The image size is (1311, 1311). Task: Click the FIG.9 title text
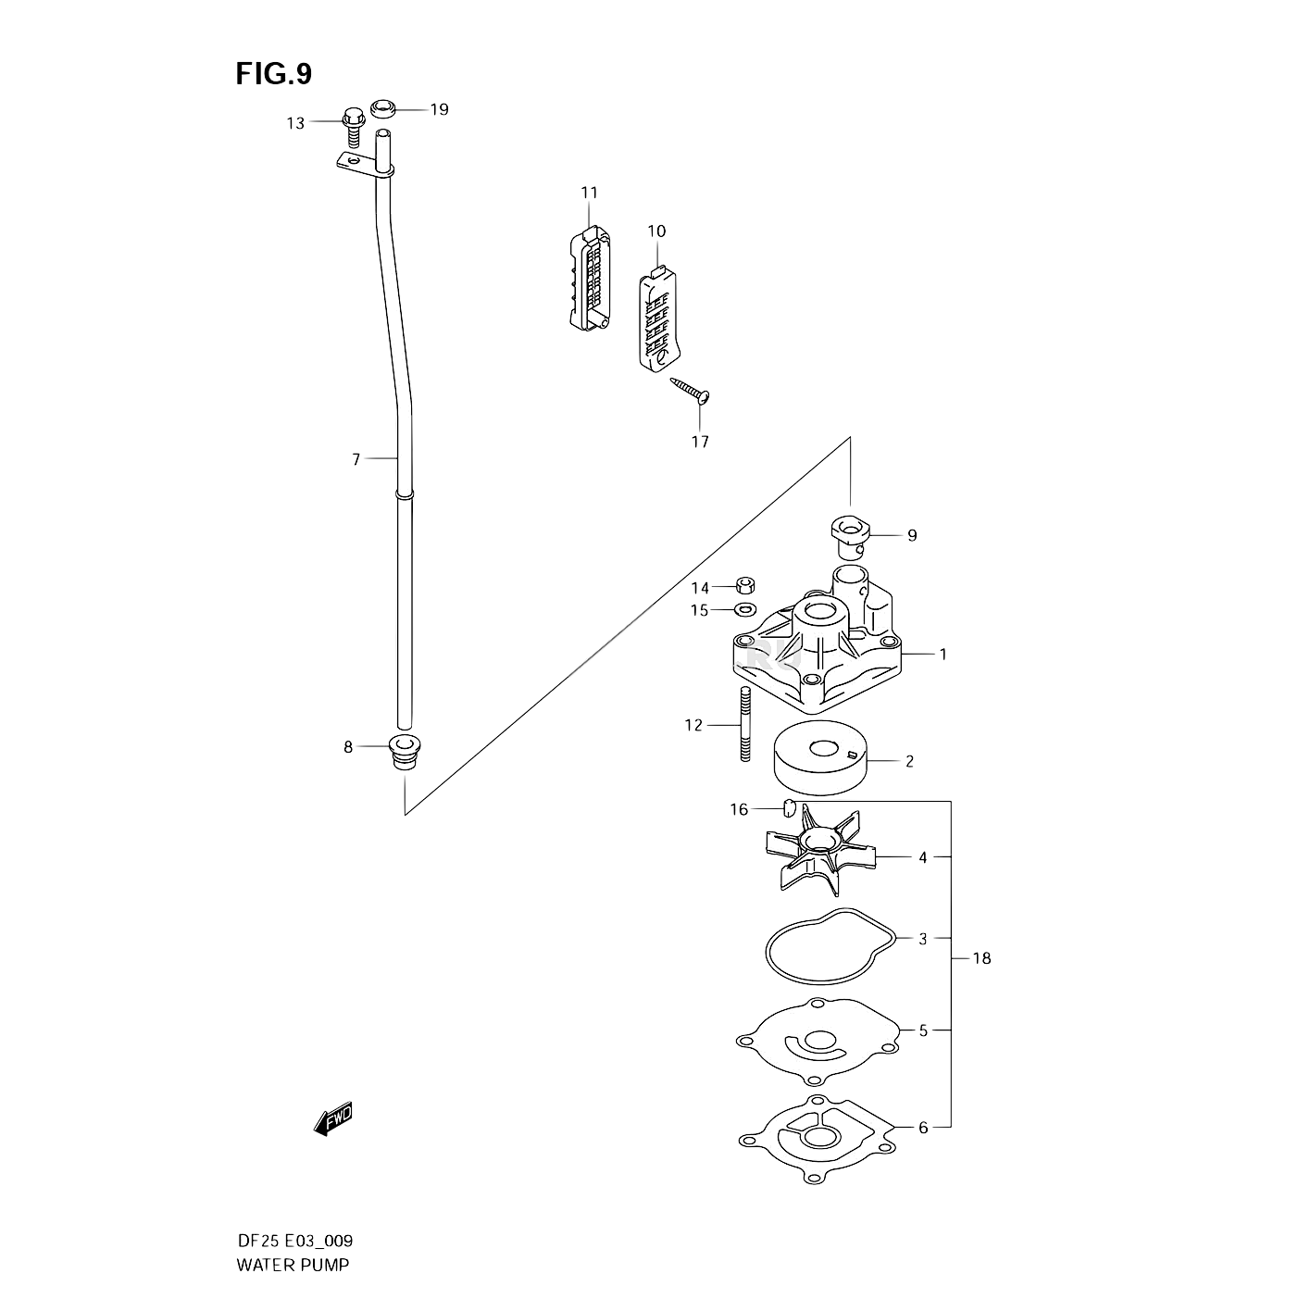pos(274,74)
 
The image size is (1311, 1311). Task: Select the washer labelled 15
pos(743,609)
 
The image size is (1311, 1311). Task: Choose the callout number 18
pos(981,958)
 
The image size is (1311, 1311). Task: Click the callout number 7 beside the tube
pos(356,458)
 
